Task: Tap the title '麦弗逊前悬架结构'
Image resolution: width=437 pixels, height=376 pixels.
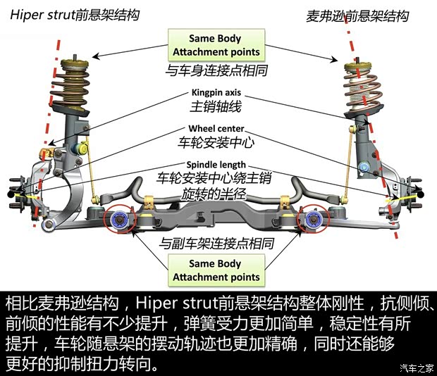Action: [357, 15]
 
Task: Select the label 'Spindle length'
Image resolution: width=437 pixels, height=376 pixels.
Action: [216, 165]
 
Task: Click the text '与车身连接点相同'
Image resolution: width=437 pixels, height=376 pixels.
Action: [216, 70]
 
